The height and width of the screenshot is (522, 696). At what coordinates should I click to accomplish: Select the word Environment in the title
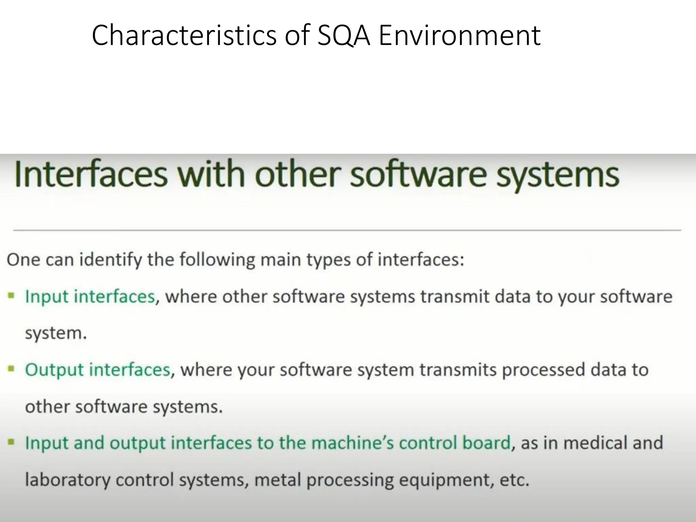pyautogui.click(x=459, y=35)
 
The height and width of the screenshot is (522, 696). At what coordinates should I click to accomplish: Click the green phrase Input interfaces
pyautogui.click(x=90, y=296)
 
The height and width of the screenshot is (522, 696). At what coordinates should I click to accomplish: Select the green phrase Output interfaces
pyautogui.click(x=98, y=370)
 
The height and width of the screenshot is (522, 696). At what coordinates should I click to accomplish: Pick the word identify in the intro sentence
pyautogui.click(x=110, y=260)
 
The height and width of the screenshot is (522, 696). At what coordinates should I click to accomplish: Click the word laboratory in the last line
pyautogui.click(x=68, y=480)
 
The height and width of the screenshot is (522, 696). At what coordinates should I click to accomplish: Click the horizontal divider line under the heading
pyautogui.click(x=347, y=230)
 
